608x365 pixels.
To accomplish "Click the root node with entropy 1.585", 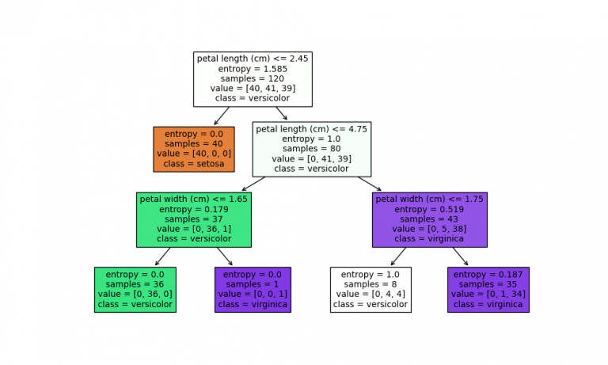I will (x=253, y=79).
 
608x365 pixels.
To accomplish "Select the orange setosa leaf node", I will (x=194, y=149).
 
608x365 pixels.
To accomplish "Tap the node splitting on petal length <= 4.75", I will (x=311, y=149).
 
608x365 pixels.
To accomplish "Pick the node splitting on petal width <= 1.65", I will (x=194, y=219).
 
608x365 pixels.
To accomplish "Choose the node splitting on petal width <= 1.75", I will (x=429, y=219).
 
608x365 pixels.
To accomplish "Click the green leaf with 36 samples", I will (x=135, y=290).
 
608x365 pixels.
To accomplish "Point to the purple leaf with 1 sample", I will (x=253, y=290).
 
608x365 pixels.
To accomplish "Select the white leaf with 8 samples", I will (x=370, y=290).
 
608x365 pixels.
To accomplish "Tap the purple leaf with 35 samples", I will (x=488, y=290).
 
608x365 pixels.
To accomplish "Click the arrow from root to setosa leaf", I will (x=222, y=116).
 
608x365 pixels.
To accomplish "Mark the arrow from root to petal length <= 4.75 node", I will (x=282, y=113).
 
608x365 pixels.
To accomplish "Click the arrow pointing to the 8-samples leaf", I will (x=398, y=257).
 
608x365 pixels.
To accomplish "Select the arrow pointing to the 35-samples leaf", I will (x=460, y=257).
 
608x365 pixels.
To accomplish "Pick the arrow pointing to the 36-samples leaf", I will (x=163, y=257).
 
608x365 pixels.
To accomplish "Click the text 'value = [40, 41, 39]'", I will (x=253, y=89).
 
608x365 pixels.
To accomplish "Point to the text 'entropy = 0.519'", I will (x=429, y=209).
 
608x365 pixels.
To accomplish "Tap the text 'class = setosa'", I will (x=194, y=164).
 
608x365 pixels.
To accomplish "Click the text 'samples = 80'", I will (x=311, y=148).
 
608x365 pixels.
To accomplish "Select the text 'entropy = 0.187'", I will (x=488, y=275).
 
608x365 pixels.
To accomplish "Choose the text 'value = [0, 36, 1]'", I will (x=194, y=229).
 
